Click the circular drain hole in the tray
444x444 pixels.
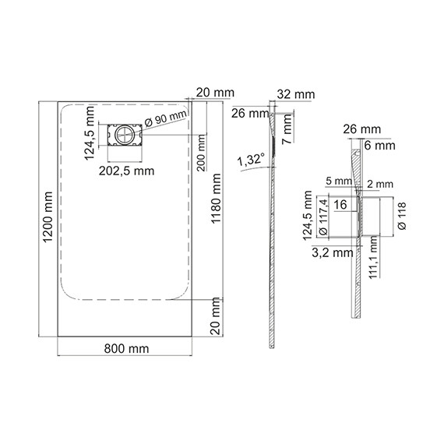point(123,134)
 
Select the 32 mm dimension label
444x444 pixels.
point(297,93)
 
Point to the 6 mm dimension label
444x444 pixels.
point(379,146)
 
